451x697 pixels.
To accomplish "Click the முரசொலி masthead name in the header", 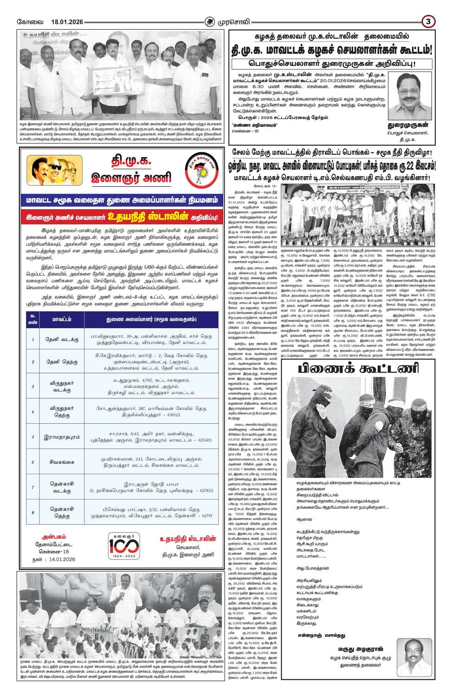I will pos(233,21).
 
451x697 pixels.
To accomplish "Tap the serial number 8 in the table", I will pos(32,513).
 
